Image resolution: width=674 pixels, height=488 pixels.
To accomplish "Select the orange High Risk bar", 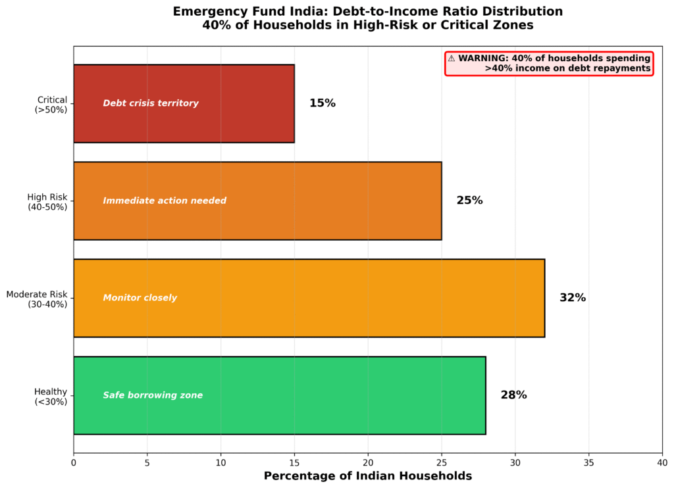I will [x=329, y=201].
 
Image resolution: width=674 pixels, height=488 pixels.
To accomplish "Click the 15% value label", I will [x=323, y=103].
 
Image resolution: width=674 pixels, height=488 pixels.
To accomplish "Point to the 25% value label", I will [x=469, y=201].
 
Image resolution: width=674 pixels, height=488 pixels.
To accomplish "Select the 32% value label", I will [x=573, y=298].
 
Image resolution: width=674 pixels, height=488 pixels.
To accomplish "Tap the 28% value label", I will [x=513, y=395].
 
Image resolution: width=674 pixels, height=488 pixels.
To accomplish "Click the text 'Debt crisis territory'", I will [x=151, y=103].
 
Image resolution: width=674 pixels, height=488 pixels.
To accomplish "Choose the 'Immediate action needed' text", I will [x=165, y=201].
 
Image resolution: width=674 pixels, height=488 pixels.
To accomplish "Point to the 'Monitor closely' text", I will [x=140, y=298].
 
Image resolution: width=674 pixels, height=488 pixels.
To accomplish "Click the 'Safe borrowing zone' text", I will [x=153, y=395].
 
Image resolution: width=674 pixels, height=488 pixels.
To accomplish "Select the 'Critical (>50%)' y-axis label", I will [x=51, y=105].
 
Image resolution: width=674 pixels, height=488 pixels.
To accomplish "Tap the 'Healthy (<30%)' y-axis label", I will [x=51, y=397].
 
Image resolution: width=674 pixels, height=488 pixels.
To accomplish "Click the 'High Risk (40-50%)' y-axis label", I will [x=47, y=202].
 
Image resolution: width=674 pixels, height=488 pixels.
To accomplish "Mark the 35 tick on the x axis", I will [x=588, y=462].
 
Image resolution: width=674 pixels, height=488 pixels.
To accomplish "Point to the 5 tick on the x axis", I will [x=147, y=462].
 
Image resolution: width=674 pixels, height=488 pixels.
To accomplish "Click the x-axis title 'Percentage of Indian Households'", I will [x=368, y=476].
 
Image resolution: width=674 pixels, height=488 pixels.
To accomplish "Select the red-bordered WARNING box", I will [x=549, y=63].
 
